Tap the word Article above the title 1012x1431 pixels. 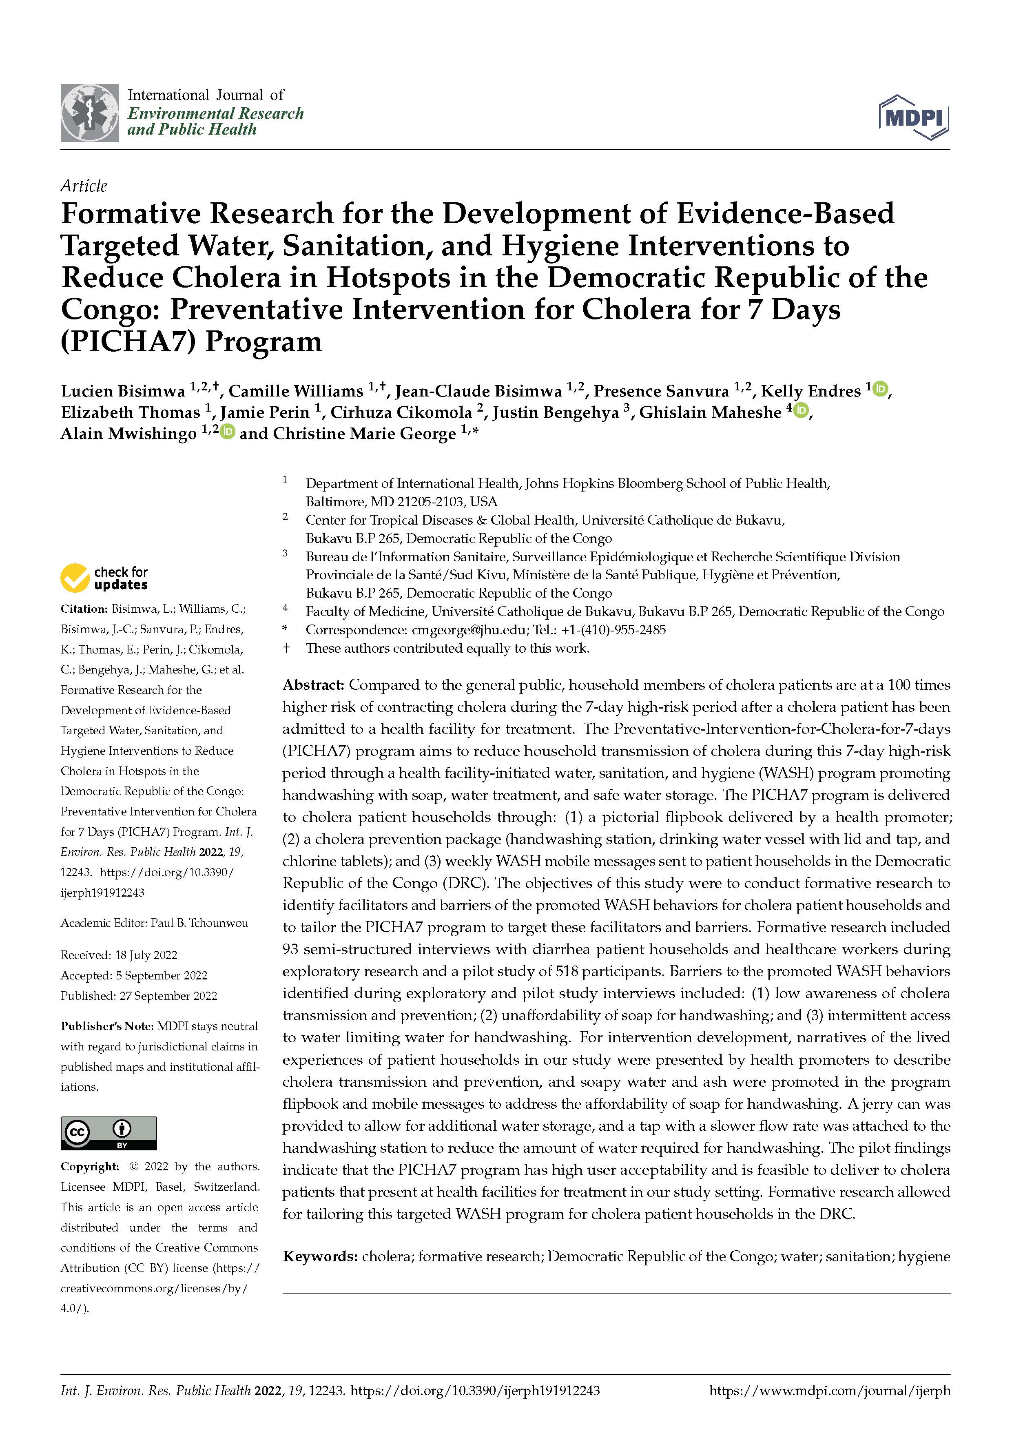coord(84,186)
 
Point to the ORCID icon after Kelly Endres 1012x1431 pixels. coord(880,390)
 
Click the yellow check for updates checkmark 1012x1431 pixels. coord(75,578)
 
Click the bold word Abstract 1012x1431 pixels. coord(313,685)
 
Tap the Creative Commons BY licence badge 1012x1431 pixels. coord(109,1133)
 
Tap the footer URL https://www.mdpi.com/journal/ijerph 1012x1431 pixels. coord(829,1391)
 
